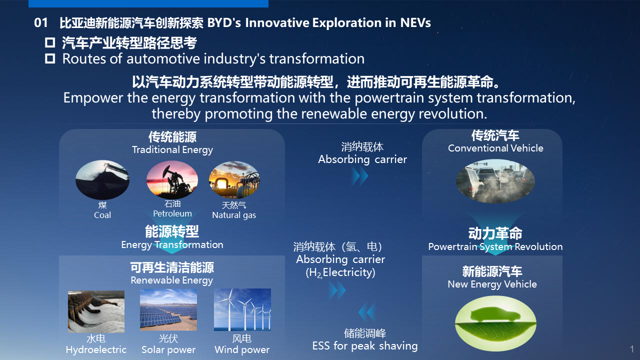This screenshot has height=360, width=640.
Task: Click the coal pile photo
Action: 102,179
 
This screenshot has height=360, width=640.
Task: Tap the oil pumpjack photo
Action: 172,179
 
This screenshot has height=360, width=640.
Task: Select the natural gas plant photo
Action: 234,179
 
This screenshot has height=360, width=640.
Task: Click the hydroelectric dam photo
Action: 96,311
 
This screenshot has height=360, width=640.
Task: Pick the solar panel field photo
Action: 168,309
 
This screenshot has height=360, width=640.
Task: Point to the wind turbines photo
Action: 242,309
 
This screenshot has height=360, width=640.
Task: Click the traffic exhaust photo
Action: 495,181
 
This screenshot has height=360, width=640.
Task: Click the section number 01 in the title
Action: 41,23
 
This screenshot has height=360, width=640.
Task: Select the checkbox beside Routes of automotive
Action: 50,58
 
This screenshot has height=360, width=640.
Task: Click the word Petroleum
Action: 172,213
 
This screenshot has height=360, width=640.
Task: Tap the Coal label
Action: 102,215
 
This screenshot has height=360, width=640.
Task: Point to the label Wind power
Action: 242,349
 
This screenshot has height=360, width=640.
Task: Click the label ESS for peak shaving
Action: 365,346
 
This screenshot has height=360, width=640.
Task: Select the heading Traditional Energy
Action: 172,150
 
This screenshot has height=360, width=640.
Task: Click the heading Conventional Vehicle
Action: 495,148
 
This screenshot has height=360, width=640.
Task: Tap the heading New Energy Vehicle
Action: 492,284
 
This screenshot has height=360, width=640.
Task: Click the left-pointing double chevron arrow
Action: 367,312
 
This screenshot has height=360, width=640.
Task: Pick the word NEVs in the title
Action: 415,23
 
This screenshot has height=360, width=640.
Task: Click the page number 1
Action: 631,349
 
